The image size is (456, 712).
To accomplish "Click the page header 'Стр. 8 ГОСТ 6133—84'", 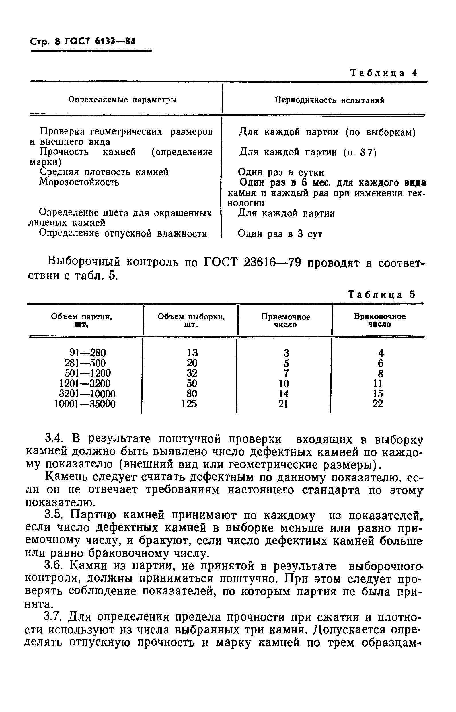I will click(x=83, y=42).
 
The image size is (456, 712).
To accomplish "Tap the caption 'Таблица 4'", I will click(x=383, y=73).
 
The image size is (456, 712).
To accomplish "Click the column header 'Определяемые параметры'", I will click(x=122, y=100).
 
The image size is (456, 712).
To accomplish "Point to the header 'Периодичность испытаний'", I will click(x=329, y=100).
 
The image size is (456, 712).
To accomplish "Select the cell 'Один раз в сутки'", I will click(x=281, y=172).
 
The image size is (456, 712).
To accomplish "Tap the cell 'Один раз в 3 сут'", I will click(x=280, y=234).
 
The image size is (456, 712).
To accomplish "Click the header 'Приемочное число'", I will click(x=285, y=321).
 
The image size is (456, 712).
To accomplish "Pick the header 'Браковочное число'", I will click(x=380, y=320).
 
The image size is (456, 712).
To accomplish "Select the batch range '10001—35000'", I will click(x=85, y=404).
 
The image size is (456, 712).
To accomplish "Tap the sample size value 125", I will click(x=190, y=404).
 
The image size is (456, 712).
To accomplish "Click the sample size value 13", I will click(x=192, y=353).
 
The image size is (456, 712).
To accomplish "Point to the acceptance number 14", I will click(x=283, y=394).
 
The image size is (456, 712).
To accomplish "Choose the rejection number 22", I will click(x=377, y=404).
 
